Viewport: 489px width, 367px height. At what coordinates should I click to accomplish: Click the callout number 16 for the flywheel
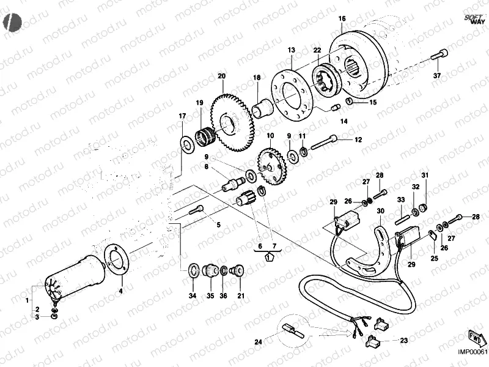point(341,18)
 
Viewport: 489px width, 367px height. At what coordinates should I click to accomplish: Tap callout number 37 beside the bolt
point(436,76)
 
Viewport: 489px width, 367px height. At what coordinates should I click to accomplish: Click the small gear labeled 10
point(269,163)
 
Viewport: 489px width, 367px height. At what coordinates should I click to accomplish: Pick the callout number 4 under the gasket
point(120,291)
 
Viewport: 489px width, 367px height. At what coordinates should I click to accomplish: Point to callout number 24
point(258,342)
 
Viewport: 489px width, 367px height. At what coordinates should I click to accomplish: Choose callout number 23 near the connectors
point(403,340)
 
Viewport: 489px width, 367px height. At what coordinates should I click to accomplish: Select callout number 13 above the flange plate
point(291,50)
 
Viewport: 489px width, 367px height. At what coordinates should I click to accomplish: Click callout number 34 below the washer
point(193,296)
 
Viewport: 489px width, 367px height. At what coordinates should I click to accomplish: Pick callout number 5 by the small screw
point(218,224)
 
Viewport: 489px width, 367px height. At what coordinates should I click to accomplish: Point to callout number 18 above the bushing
point(257,78)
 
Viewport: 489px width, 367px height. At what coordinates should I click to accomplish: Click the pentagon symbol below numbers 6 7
point(268,258)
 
